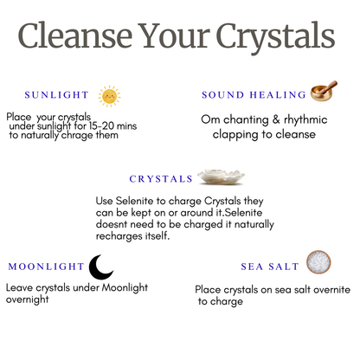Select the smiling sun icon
pos(109,94)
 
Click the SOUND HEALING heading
pos(254,94)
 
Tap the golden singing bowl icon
pos(325,91)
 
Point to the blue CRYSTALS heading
pos(161,179)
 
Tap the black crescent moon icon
pos(103,265)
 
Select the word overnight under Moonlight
pos(27,299)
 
